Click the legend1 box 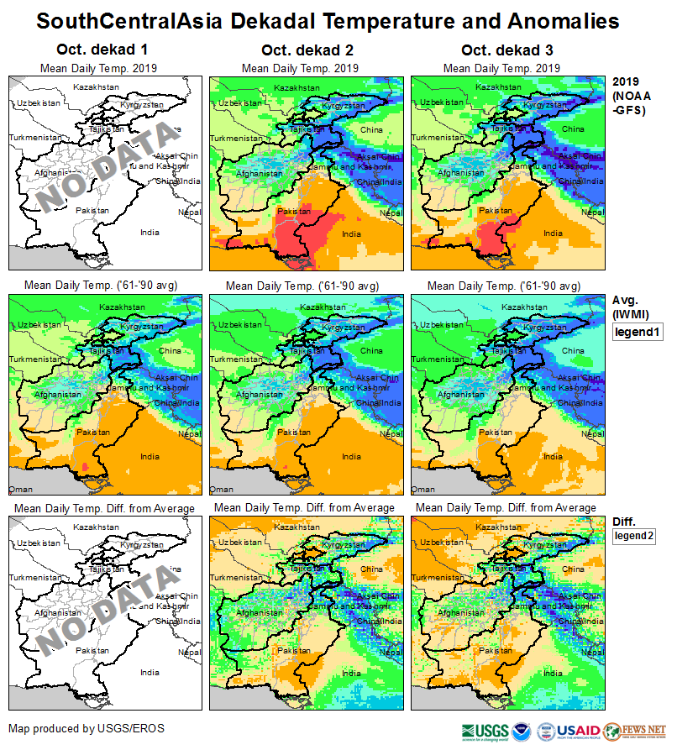[x=638, y=333]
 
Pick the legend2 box [x=634, y=536]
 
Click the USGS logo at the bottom [x=485, y=731]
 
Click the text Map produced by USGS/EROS [x=87, y=727]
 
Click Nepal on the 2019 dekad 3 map [x=592, y=212]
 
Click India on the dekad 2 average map [x=351, y=457]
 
